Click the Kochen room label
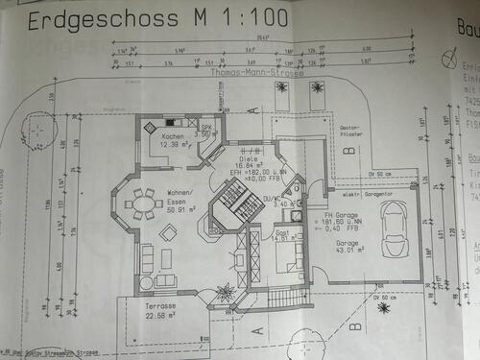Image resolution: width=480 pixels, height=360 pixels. (173, 136)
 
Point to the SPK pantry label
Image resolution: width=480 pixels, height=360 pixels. (205, 128)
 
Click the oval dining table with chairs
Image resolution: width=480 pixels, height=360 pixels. (144, 203)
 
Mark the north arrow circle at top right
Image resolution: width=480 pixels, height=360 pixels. (446, 60)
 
